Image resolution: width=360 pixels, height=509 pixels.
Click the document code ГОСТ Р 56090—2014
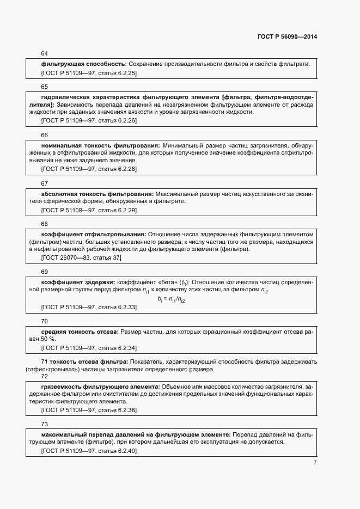pos(286,37)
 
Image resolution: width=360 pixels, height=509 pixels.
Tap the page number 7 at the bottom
pos(315,462)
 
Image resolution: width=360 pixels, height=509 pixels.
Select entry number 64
pos(44,53)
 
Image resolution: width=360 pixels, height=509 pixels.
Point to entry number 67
pos(44,183)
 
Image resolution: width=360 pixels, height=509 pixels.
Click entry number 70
pos(44,321)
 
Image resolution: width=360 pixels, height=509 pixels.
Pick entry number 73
pos(44,424)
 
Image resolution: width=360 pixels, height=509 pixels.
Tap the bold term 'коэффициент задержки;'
pos(78,282)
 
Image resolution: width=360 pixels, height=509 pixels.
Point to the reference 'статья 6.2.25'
pos(117,72)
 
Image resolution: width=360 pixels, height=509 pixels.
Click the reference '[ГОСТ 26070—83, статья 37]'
pos(81,257)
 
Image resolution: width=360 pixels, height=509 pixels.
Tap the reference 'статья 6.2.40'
pos(117,451)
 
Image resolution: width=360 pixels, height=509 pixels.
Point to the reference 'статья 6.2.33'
pos(117,308)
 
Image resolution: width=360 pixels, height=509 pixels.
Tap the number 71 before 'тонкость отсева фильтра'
pos(45,362)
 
